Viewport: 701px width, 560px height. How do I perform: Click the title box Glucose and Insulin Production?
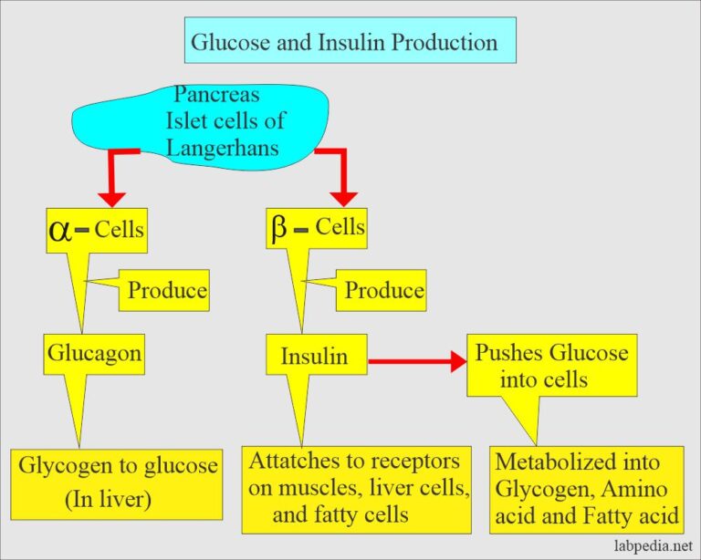click(x=350, y=43)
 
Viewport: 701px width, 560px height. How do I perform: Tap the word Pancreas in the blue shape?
click(x=216, y=95)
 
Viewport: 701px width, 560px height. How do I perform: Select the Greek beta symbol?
click(x=279, y=229)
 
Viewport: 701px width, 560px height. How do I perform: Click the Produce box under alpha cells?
click(x=166, y=291)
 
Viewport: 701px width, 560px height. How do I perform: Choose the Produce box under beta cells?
click(x=383, y=291)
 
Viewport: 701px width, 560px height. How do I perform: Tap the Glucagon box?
click(x=94, y=353)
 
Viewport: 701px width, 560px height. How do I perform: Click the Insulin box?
click(x=314, y=356)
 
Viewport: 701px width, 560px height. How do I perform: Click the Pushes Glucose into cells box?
click(x=551, y=365)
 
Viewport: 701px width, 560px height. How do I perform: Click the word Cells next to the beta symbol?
click(x=340, y=228)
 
